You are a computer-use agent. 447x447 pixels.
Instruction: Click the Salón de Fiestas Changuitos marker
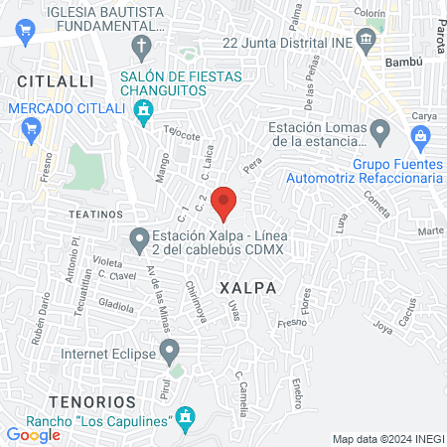tap(145, 109)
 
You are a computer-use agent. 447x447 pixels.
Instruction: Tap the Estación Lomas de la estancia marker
tap(378, 130)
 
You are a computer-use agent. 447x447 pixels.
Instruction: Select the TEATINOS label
tap(95, 214)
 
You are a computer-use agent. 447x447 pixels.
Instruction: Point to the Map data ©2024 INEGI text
tap(386, 439)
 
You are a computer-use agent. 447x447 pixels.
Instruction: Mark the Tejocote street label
tap(183, 134)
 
